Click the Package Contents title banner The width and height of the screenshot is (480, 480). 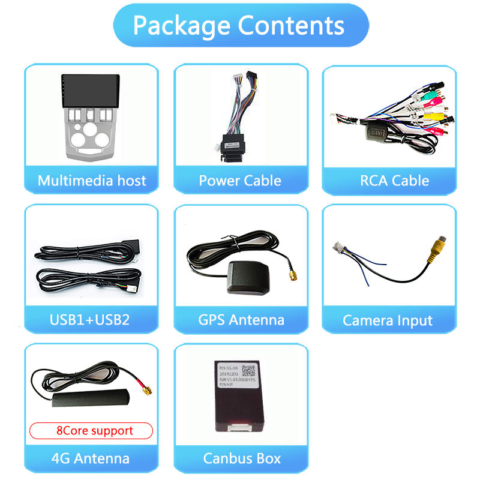[x=240, y=25]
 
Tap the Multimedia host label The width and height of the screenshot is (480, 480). [x=91, y=181]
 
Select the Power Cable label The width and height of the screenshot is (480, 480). [x=240, y=181]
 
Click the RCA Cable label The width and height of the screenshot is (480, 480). [x=394, y=181]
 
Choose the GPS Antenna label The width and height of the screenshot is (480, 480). [x=241, y=320]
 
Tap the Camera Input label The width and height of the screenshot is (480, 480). [x=388, y=320]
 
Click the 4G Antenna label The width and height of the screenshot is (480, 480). [x=91, y=459]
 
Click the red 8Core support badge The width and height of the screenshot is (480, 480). [x=91, y=431]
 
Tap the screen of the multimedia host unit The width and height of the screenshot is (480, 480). [x=91, y=88]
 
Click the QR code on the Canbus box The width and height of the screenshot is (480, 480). [x=250, y=371]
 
